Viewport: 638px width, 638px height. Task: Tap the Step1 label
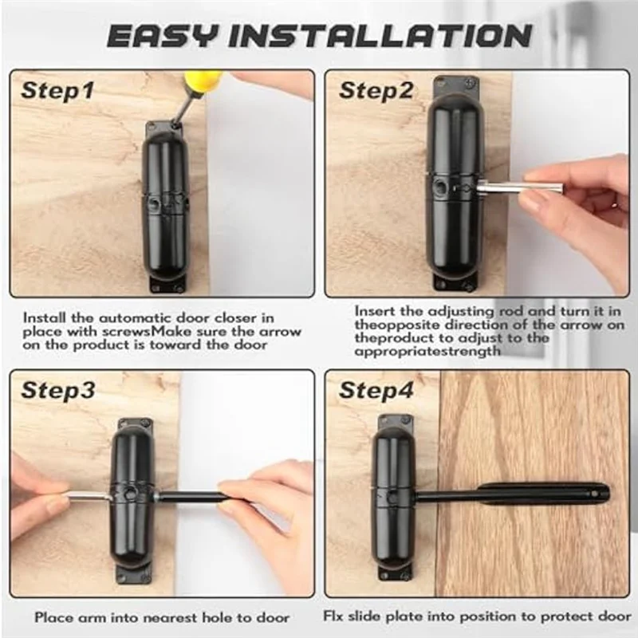(x=57, y=91)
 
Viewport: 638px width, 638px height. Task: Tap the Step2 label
(x=376, y=91)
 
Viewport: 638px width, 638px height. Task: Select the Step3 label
(x=58, y=390)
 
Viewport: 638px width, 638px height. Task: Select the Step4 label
(x=376, y=390)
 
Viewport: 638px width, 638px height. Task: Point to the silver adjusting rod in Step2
(x=520, y=188)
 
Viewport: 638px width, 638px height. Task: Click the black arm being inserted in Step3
(x=188, y=496)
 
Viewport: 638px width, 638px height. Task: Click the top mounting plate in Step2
(x=455, y=86)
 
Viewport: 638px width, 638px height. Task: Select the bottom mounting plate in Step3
(x=134, y=573)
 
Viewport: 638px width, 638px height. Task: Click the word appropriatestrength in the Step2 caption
(x=427, y=352)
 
